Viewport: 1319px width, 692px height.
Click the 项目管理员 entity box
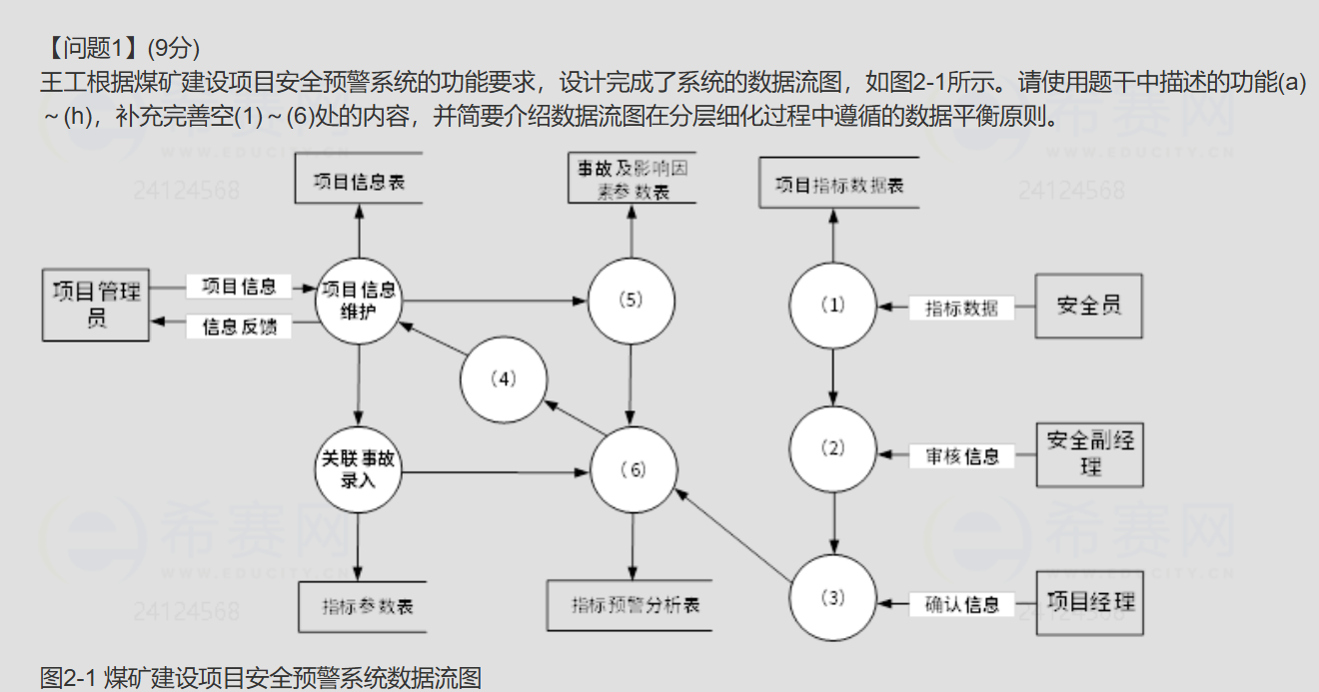point(96,305)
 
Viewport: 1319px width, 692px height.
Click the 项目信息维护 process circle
point(358,301)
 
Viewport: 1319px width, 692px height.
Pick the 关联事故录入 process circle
point(358,469)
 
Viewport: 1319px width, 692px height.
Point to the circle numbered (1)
point(832,306)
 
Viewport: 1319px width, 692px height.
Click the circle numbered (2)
point(832,448)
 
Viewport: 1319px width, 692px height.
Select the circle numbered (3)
point(832,597)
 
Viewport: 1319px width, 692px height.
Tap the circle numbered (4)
point(505,379)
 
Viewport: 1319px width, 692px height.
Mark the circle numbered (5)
point(631,301)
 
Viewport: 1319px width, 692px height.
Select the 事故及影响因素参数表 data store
point(632,180)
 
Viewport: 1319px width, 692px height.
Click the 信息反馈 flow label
point(240,327)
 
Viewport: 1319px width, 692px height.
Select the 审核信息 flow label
point(962,456)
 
